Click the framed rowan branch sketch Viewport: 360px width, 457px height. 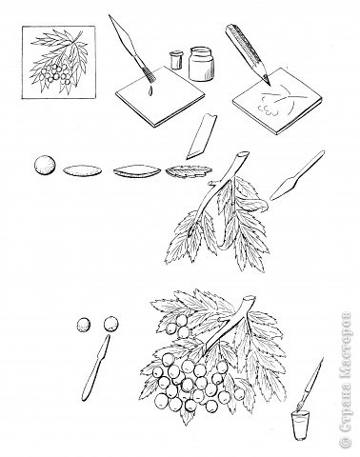click(x=59, y=62)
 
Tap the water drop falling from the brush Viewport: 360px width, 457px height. click(x=150, y=90)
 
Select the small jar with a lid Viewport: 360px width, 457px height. click(x=175, y=60)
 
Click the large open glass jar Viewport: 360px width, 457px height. click(x=201, y=64)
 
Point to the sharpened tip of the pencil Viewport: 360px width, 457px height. click(x=270, y=84)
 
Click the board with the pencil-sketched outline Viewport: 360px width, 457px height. click(x=277, y=100)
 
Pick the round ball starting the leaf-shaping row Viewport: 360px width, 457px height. click(x=45, y=165)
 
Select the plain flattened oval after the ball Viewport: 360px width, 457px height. click(x=83, y=170)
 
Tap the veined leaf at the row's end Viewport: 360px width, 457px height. click(x=189, y=171)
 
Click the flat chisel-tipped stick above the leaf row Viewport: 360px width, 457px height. click(x=201, y=136)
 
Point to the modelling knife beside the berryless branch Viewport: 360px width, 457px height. click(x=296, y=176)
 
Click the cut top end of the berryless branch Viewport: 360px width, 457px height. click(x=243, y=155)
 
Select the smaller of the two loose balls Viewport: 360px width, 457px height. click(x=84, y=326)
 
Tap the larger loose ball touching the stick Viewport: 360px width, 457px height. click(x=111, y=324)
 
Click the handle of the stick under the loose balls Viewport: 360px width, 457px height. click(x=90, y=380)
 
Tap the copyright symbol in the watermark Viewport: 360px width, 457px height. click(x=345, y=442)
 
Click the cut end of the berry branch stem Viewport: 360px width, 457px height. click(x=250, y=299)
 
